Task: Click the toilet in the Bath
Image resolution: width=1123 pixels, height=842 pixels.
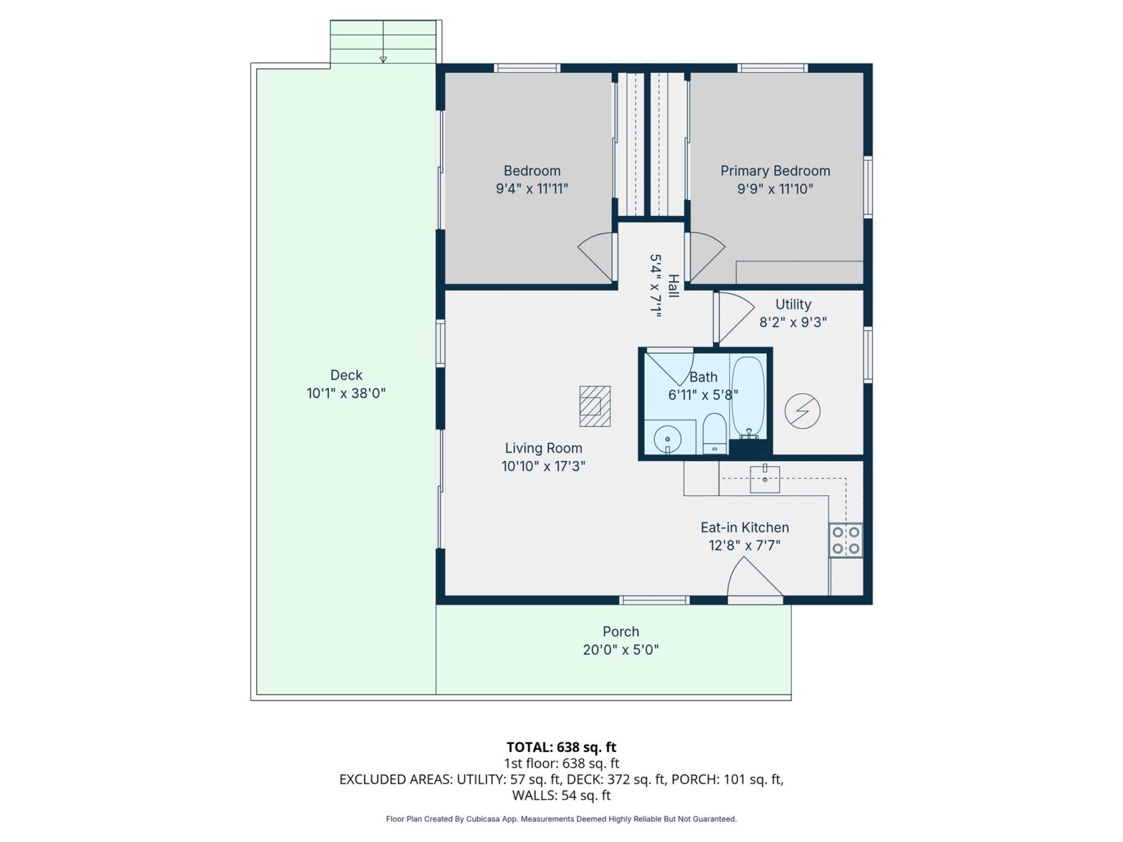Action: pos(715,434)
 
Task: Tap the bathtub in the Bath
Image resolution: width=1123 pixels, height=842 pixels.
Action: pos(748,396)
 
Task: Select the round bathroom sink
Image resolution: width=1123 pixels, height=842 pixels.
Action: pos(667,440)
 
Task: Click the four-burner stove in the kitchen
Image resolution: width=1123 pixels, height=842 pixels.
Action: pos(846,540)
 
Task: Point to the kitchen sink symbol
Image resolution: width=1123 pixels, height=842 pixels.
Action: pos(765,479)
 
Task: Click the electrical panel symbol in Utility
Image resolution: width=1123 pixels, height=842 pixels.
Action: pos(802,411)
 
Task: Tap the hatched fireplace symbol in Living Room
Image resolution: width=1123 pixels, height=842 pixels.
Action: pos(594,406)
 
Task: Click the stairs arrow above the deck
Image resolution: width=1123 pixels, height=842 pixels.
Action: pos(383,59)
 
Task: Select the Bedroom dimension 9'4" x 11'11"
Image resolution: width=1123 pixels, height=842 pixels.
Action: pos(531,189)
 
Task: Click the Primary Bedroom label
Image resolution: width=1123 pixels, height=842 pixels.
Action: pos(775,171)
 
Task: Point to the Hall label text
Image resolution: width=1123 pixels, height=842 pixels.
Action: pos(673,286)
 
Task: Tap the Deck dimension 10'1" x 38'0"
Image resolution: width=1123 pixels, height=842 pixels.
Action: pos(346,394)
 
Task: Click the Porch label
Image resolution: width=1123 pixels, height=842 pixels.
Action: pos(620,631)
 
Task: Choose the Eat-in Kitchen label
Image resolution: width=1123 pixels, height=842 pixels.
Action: pos(745,528)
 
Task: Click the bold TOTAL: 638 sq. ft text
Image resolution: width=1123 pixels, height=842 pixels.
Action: pos(561,747)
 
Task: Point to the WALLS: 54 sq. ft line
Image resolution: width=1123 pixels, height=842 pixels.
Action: pos(561,796)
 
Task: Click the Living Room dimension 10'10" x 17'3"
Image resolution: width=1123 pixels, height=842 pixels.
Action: pos(543,466)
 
